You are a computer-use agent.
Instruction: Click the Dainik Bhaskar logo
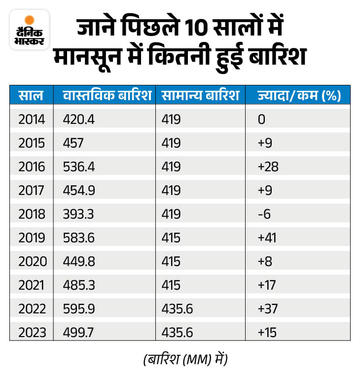point(29,29)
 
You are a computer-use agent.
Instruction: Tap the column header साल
point(31,95)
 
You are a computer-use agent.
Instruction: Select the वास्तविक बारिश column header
point(107,95)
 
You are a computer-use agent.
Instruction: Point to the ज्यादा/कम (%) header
point(299,95)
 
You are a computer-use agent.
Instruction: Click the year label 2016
point(32,167)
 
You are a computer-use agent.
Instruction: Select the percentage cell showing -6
point(265,214)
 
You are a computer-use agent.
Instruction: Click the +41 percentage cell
point(267,238)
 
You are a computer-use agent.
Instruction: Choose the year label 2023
point(32,333)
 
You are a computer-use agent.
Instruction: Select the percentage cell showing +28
point(268,167)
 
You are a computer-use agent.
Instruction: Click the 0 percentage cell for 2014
point(261,119)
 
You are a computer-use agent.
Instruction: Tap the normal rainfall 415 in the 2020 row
point(171,262)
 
